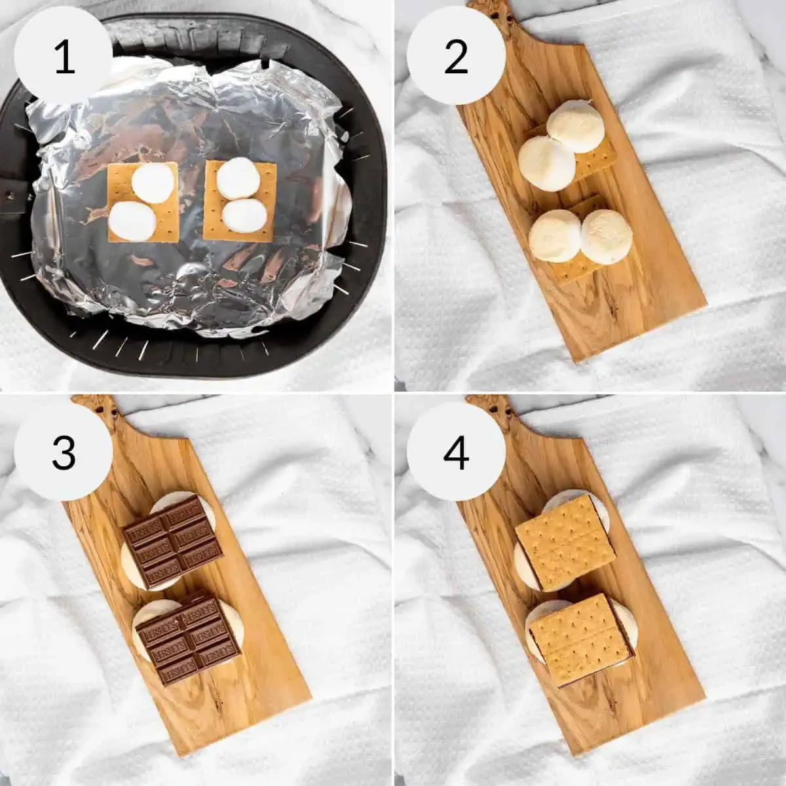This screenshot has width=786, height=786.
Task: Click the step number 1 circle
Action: (64, 56)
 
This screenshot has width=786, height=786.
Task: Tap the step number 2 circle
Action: (456, 56)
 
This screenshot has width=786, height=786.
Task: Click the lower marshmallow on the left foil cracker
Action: (133, 221)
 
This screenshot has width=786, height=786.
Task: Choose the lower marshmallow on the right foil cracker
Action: (244, 215)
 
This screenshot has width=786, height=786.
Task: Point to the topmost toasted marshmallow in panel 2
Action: (576, 126)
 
